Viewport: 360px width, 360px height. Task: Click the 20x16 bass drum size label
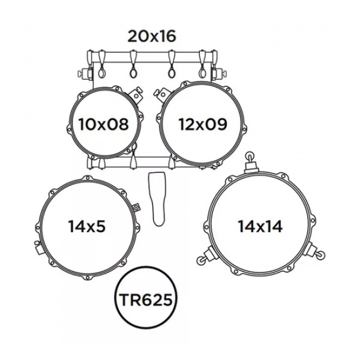click(x=151, y=36)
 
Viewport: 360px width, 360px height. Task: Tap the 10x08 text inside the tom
click(x=104, y=124)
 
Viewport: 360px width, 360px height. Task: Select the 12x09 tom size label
click(x=202, y=124)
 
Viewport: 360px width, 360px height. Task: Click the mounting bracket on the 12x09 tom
click(x=160, y=94)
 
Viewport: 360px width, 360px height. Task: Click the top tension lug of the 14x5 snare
click(x=88, y=178)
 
